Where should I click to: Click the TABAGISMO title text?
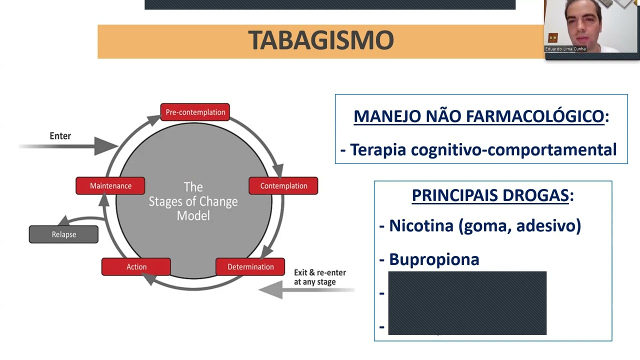coord(320,40)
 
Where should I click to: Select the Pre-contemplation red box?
coord(195,112)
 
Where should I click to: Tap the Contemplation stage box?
coord(283,185)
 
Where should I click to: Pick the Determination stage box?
coord(250,266)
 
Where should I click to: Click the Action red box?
coord(136,266)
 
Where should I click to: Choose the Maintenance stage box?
coord(110,185)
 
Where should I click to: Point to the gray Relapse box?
coord(63,234)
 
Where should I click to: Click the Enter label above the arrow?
coord(60,136)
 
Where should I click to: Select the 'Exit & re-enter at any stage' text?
coord(320,277)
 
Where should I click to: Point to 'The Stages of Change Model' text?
coord(193,201)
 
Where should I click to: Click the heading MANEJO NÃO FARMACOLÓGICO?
coord(478,116)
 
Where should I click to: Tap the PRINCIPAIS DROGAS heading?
coord(490,195)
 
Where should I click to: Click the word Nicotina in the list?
coord(420,225)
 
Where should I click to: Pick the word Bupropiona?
coord(433,259)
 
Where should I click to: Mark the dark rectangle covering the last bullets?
coord(467,303)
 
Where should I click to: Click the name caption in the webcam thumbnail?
coord(565,49)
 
